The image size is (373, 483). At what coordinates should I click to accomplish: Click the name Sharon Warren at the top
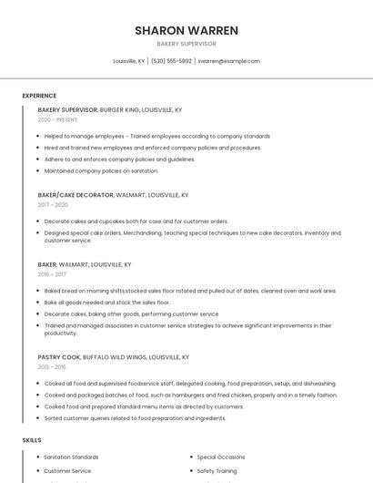coord(186,30)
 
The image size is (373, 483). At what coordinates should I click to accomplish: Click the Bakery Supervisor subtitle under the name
coord(186,44)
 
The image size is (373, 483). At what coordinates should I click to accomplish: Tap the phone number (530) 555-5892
coord(171,61)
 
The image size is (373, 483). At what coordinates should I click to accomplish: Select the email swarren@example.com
coord(228,61)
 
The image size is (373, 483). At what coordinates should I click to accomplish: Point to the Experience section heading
coord(39,96)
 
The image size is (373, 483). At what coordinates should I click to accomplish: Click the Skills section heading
coord(32,440)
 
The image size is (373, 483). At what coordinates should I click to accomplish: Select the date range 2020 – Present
coord(57,119)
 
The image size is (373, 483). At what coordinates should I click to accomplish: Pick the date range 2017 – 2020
coord(53,205)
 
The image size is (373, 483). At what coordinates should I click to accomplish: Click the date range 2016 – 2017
coord(52,274)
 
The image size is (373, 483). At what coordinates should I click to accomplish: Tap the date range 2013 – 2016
coord(52,367)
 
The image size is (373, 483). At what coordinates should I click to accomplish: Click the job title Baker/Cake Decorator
coord(76,195)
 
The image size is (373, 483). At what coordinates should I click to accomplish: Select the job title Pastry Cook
coord(58,357)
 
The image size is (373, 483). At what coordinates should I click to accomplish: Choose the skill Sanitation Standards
coord(71,457)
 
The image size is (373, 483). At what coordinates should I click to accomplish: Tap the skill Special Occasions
coord(221,457)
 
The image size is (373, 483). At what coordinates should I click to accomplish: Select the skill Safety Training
coord(217,471)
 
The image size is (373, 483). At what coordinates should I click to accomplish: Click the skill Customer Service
coord(67,471)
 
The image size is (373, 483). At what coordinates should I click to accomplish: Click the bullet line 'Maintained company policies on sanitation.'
coord(101,170)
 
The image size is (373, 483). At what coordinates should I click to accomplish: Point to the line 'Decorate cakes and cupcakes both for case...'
coord(136,221)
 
